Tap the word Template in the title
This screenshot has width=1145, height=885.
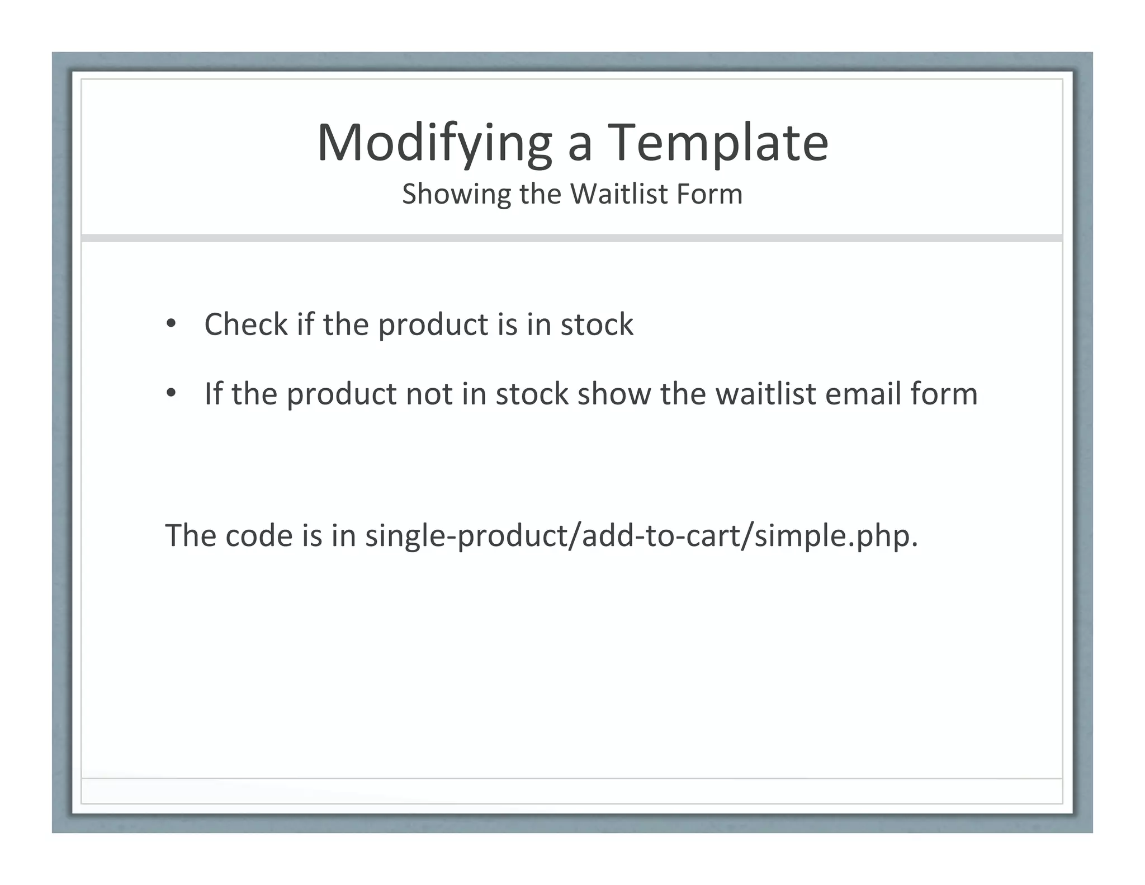click(x=718, y=144)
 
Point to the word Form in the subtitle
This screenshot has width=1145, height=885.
click(x=709, y=195)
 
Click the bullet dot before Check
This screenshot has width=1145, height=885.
click(x=171, y=324)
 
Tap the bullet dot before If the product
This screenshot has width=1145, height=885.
click(x=171, y=393)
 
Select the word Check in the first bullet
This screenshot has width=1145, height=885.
click(x=246, y=324)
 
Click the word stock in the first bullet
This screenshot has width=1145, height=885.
click(x=597, y=324)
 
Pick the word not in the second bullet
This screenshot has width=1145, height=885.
click(x=429, y=394)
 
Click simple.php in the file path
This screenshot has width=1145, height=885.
click(x=835, y=536)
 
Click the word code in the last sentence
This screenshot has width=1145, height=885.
click(x=259, y=536)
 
